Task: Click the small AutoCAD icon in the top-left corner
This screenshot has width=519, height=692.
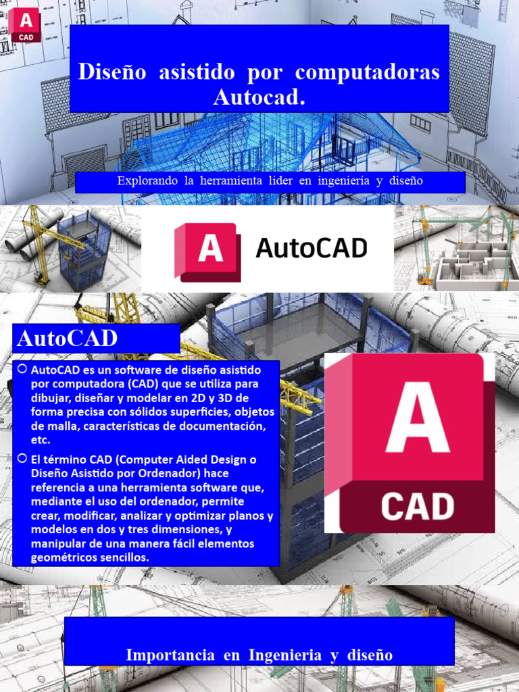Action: click(26, 24)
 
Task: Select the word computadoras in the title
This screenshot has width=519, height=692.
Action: click(368, 72)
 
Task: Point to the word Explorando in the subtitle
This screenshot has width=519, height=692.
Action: click(145, 181)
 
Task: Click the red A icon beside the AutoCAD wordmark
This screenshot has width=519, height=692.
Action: click(207, 250)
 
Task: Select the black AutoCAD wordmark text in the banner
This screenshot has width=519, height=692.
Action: click(312, 249)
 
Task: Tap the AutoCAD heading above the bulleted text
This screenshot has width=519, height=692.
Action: click(67, 338)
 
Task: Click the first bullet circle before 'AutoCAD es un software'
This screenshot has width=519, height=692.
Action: click(22, 370)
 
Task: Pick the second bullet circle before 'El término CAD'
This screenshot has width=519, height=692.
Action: click(22, 459)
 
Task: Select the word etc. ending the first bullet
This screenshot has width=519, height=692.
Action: click(41, 440)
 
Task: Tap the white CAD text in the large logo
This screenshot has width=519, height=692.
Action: click(417, 507)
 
